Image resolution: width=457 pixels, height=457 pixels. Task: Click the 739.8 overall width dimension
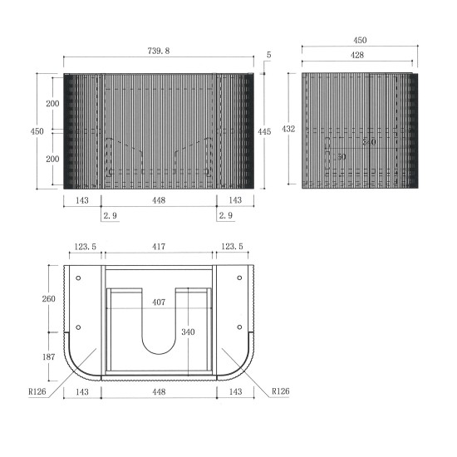159,51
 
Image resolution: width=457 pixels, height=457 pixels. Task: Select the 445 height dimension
264,131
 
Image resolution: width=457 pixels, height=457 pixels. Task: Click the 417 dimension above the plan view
159,247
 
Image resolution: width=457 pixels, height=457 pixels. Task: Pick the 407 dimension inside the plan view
159,302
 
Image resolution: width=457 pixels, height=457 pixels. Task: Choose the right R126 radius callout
280,390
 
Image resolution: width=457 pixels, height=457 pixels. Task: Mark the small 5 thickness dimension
268,55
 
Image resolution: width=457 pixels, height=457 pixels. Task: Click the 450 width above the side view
359,40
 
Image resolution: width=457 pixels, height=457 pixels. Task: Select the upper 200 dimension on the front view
52,103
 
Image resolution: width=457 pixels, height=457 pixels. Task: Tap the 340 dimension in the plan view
188,332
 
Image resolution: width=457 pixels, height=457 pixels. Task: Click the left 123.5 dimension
83,247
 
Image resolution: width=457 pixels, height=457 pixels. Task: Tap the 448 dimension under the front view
159,200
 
